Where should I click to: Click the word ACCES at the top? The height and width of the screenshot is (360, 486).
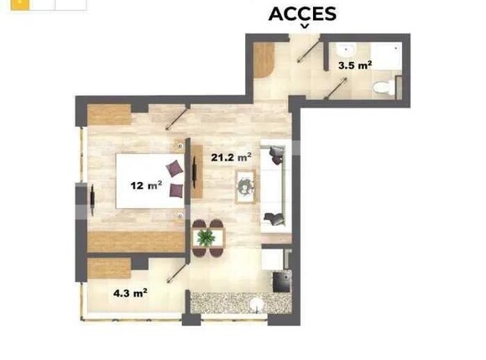(302, 13)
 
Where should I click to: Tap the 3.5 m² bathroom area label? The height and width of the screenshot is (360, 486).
(354, 65)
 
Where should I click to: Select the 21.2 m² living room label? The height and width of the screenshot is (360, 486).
(231, 156)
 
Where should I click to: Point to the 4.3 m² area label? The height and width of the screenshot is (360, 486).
(131, 293)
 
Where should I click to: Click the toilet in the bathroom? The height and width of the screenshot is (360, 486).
(384, 84)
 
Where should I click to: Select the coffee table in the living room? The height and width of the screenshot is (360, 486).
(246, 185)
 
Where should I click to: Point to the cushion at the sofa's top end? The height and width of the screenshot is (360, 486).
(274, 154)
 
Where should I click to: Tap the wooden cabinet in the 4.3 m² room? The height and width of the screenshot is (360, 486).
(109, 269)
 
